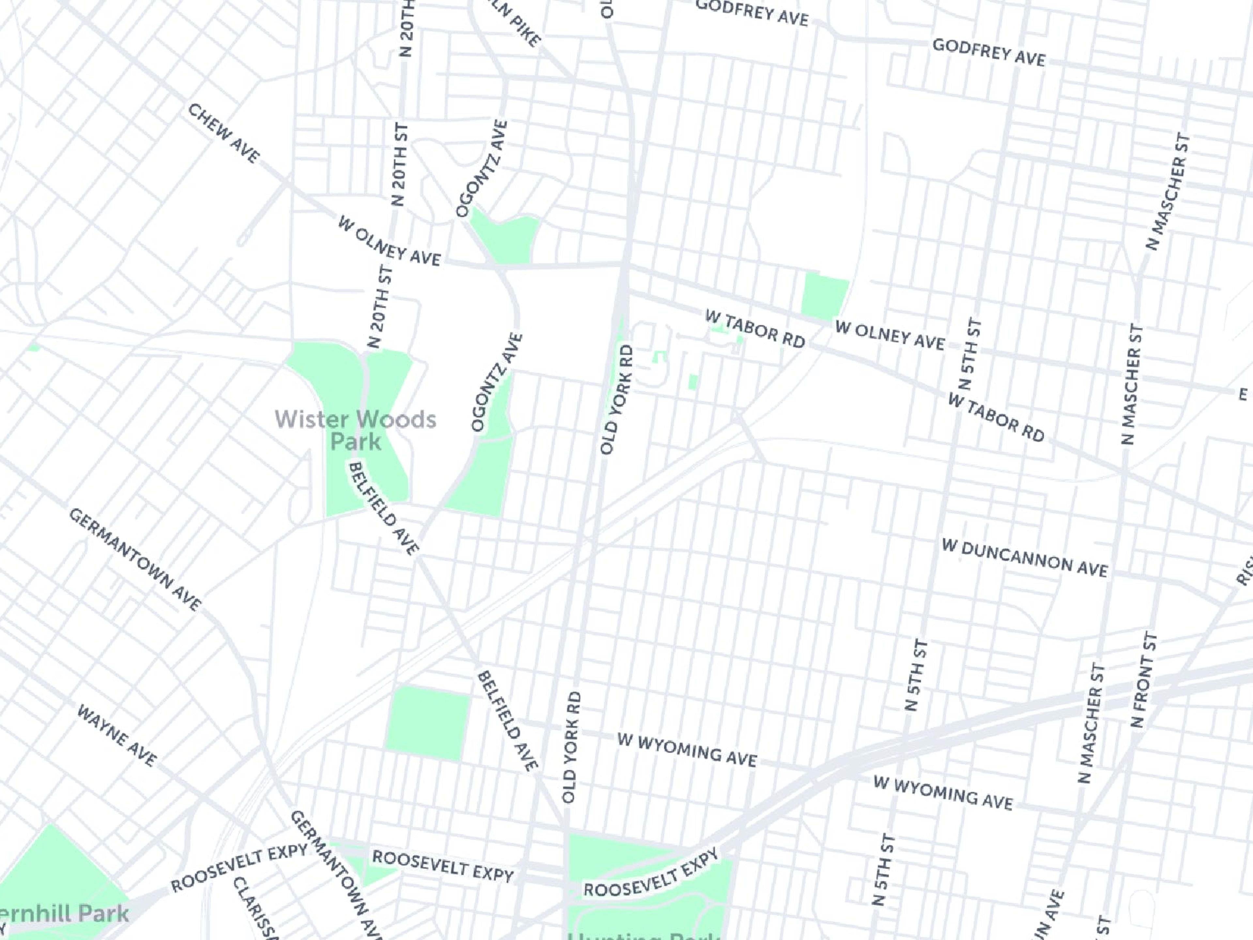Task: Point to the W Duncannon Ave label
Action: [x=1024, y=559]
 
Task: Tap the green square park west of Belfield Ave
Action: [x=428, y=723]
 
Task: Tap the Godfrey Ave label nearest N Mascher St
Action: [x=988, y=53]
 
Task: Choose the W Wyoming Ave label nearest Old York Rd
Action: [x=687, y=750]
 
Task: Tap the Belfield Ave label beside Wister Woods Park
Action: [x=383, y=508]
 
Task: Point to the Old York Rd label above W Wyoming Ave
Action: [x=571, y=747]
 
